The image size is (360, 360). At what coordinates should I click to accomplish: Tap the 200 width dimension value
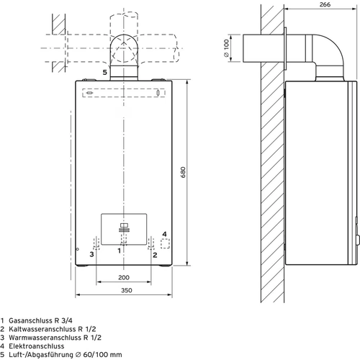point(124,277)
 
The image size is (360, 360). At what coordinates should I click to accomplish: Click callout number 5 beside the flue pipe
point(104,73)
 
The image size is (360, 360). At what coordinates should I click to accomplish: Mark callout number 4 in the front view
point(164,234)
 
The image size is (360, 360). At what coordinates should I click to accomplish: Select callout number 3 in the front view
point(91,253)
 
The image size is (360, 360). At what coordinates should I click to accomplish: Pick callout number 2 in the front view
point(155,253)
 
